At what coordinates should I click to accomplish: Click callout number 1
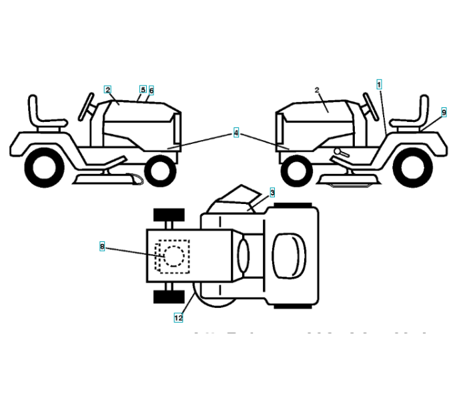379,85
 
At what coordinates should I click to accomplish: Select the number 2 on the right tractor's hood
317,90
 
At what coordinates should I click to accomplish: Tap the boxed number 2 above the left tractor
107,89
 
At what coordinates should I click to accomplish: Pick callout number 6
151,90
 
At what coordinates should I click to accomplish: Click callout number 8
102,247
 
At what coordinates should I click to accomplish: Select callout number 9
444,113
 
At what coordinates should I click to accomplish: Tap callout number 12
178,318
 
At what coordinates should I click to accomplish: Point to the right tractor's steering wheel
366,104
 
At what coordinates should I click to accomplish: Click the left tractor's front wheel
159,170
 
